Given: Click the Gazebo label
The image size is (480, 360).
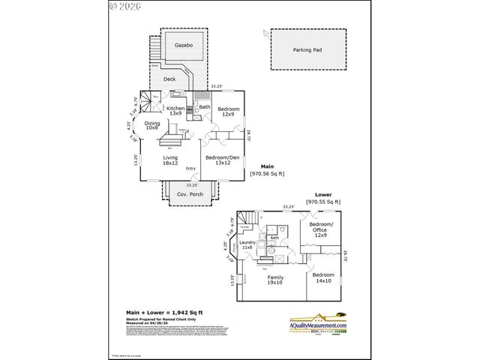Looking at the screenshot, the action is [x=184, y=46].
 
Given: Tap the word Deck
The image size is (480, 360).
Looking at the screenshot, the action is [x=170, y=78].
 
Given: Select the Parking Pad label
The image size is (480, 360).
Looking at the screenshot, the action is [x=307, y=50].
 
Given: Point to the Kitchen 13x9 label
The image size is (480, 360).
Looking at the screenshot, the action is [x=175, y=111].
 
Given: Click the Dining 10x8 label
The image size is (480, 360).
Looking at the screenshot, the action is [x=152, y=125].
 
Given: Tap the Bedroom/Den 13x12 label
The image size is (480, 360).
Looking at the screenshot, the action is [x=222, y=160].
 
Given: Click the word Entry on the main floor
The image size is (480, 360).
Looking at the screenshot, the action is [x=191, y=168].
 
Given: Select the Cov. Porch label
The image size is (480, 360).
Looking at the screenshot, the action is [x=190, y=195].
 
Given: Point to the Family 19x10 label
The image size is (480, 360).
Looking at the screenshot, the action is [x=275, y=280].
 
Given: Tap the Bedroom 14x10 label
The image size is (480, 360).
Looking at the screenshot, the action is [x=323, y=277].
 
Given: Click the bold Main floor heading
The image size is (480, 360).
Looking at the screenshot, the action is [x=267, y=166].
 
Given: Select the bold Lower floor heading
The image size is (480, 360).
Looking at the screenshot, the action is [x=323, y=193].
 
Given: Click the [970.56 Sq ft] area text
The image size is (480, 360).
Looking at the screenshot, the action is [x=268, y=173].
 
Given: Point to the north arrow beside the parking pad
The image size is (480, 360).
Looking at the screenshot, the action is [x=265, y=32].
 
